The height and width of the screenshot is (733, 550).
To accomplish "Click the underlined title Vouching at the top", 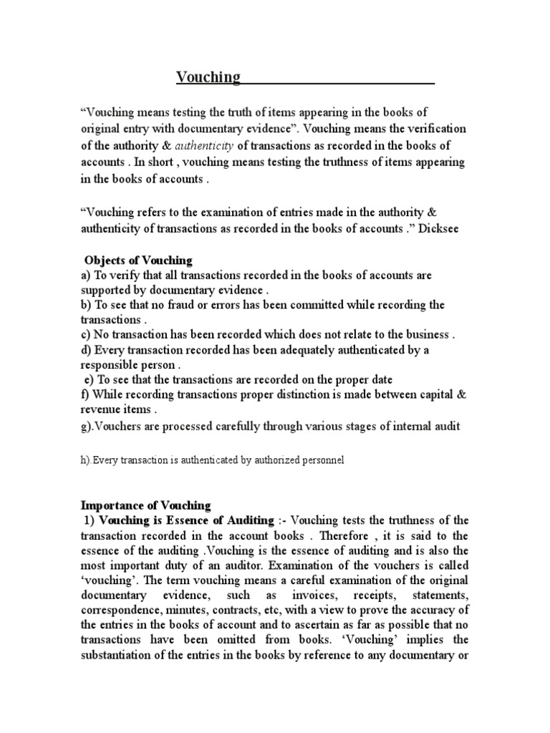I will (209, 77).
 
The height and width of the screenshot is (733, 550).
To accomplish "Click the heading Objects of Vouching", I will (138, 259).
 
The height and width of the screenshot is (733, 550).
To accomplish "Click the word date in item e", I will (381, 379).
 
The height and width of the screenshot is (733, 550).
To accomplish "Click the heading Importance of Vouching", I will (145, 505).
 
